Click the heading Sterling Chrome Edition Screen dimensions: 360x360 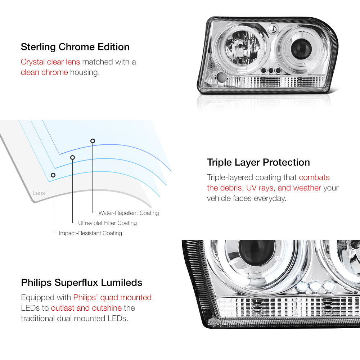tap(75, 47)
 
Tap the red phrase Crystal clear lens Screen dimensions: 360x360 tap(50, 62)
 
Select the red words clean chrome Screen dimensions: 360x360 tap(44, 72)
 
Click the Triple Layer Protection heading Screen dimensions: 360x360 tap(258, 162)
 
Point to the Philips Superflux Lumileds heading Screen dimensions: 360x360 tap(81, 283)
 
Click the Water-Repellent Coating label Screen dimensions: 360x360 tap(129, 213)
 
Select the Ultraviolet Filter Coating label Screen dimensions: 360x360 tap(107, 223)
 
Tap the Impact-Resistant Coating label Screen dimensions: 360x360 tap(90, 233)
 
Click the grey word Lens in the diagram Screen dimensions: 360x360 tap(39, 193)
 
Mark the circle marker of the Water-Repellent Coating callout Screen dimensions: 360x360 tap(93, 141)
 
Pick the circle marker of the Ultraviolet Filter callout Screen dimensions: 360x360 tap(73, 157)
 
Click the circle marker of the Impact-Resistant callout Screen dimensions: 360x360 tap(53, 175)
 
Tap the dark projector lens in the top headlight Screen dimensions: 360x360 tap(301, 49)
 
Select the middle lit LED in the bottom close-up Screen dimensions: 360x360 tap(315, 286)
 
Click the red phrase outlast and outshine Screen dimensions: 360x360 tap(86, 308)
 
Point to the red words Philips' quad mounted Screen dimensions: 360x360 tap(112, 298)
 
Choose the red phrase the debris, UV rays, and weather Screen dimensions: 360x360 tap(264, 188)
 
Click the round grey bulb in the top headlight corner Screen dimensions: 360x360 tap(221, 77)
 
